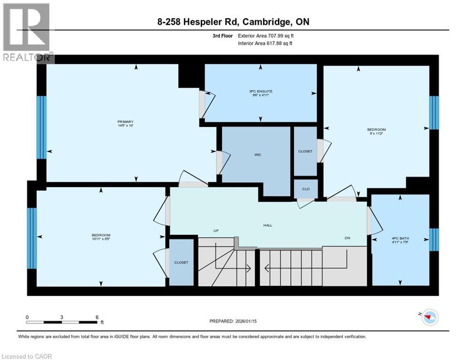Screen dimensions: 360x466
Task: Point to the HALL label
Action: tap(267, 225)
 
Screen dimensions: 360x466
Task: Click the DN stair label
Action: tap(347, 238)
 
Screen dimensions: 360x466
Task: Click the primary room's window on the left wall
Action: tap(41, 127)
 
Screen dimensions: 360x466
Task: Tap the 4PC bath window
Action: tap(434, 240)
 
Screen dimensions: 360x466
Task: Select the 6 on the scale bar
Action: tap(97, 317)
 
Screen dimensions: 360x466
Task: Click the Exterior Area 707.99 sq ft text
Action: tap(266, 36)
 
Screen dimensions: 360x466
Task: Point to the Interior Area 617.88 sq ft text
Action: tap(266, 44)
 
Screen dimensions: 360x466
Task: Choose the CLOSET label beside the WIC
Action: tap(305, 151)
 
